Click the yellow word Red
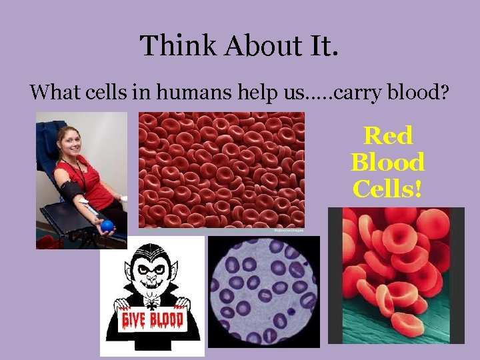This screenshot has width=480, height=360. click(x=388, y=136)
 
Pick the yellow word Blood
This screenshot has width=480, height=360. click(x=388, y=162)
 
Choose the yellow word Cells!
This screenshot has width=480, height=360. click(x=388, y=189)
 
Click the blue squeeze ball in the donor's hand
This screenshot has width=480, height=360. click(x=107, y=226)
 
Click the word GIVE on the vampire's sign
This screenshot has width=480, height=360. click(x=134, y=321)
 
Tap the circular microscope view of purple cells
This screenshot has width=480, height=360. click(x=263, y=292)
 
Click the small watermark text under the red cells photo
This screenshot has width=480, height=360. click(x=288, y=231)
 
